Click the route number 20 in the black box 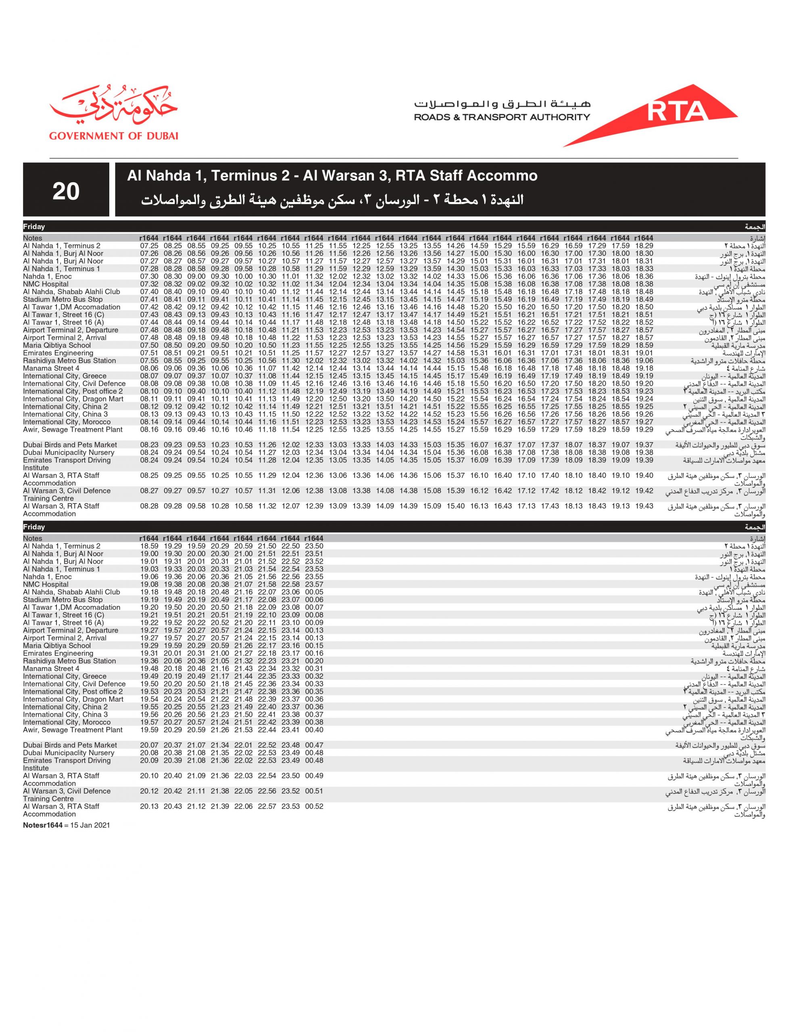pos(66,191)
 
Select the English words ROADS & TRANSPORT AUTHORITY pos(501,117)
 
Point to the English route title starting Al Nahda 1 pos(332,176)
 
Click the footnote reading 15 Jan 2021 pos(90,825)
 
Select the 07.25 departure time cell pos(149,246)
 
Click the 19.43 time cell pos(644,506)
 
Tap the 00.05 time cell pos(314,592)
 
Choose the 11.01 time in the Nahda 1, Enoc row pos(290,277)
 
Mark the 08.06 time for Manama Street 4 pos(149,368)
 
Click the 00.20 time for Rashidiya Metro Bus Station pos(314,661)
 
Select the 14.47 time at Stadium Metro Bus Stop pos(455,300)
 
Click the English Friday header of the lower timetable pos(34,527)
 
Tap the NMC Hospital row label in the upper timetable pos(46,284)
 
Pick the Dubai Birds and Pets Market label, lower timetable pos(70,745)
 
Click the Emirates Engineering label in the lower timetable pos(58,653)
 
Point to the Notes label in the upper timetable pos(32,238)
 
